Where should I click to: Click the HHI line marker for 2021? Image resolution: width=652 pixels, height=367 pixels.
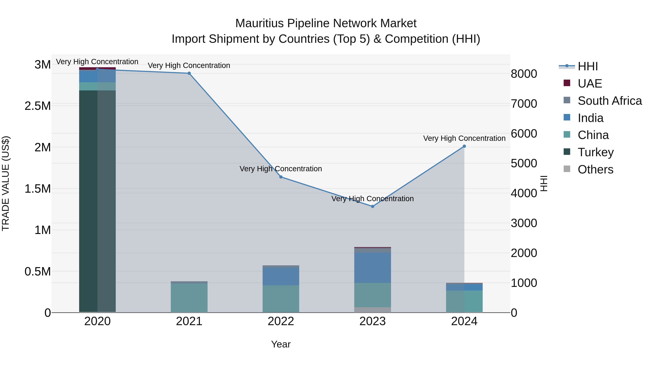[189, 73]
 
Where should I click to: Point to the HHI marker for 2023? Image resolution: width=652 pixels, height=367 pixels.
[373, 206]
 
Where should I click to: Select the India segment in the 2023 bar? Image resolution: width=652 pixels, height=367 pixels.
[373, 268]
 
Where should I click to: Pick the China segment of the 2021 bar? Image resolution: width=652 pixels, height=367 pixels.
[189, 298]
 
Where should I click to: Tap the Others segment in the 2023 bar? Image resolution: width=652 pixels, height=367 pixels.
[373, 310]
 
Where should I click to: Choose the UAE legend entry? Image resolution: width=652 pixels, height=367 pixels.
[590, 84]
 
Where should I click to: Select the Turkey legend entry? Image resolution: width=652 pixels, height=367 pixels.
[595, 152]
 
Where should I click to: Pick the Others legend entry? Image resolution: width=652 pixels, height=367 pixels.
[595, 169]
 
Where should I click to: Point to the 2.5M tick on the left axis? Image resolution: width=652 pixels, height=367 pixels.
[37, 106]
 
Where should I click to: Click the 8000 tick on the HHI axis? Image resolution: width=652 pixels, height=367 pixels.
[524, 74]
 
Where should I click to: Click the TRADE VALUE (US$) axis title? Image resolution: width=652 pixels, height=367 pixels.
[6, 183]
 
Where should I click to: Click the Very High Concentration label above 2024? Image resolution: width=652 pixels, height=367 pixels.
[464, 138]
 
